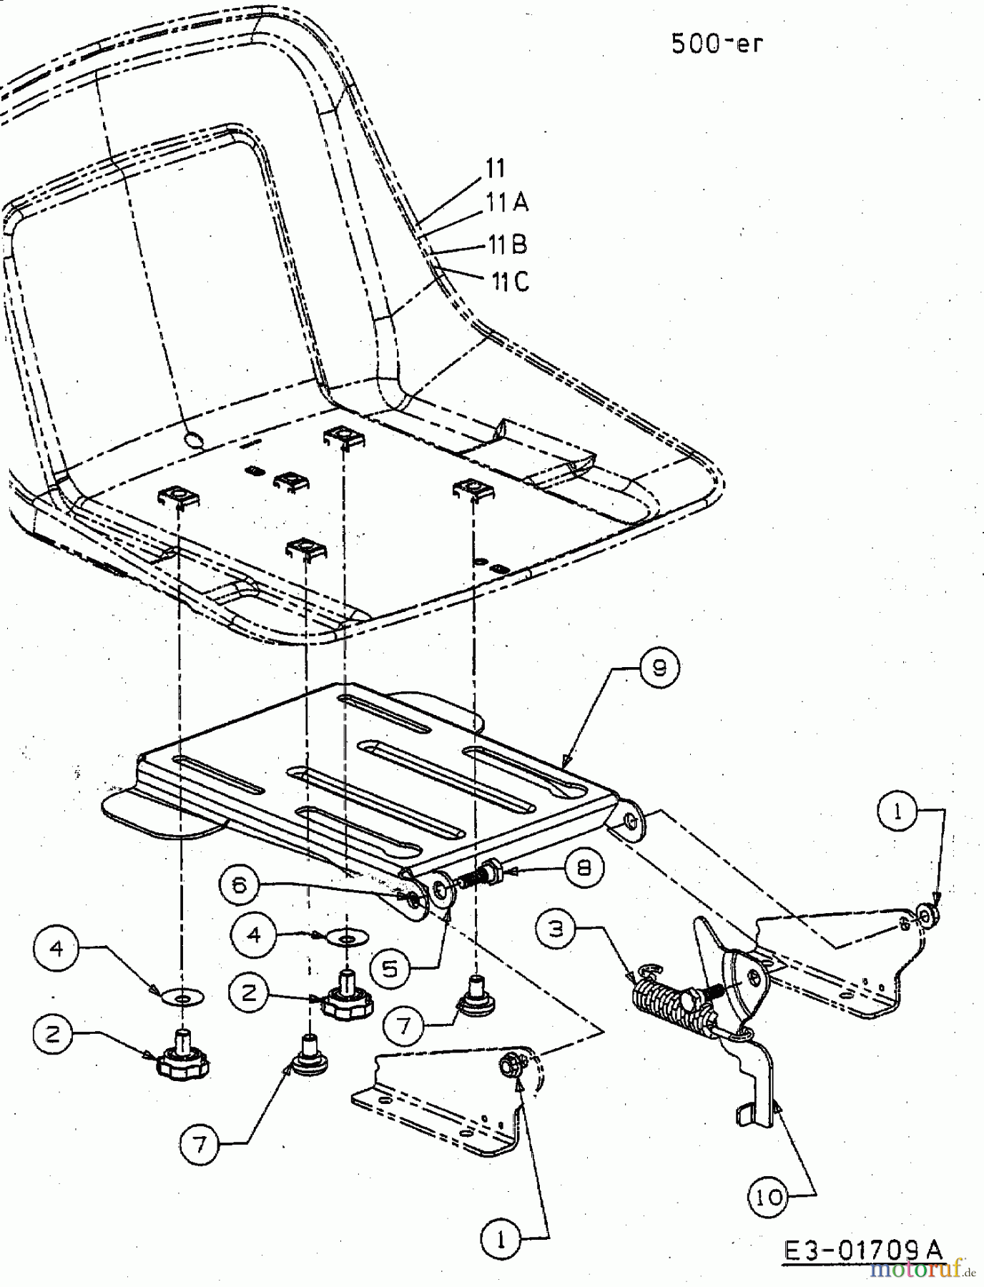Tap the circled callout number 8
point(584,867)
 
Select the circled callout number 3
point(556,929)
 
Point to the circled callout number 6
point(240,885)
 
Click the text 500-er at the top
point(717,44)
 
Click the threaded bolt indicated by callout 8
point(479,874)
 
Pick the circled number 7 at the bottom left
point(200,1145)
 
